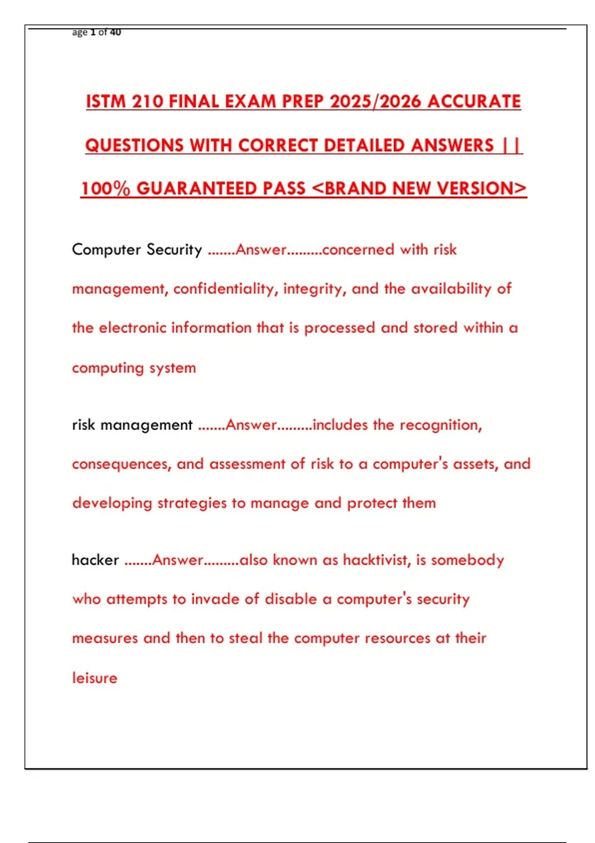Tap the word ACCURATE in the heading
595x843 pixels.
474,102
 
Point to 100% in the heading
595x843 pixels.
106,188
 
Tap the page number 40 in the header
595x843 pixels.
115,32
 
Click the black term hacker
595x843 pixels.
95,560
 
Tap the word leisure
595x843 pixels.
95,678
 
